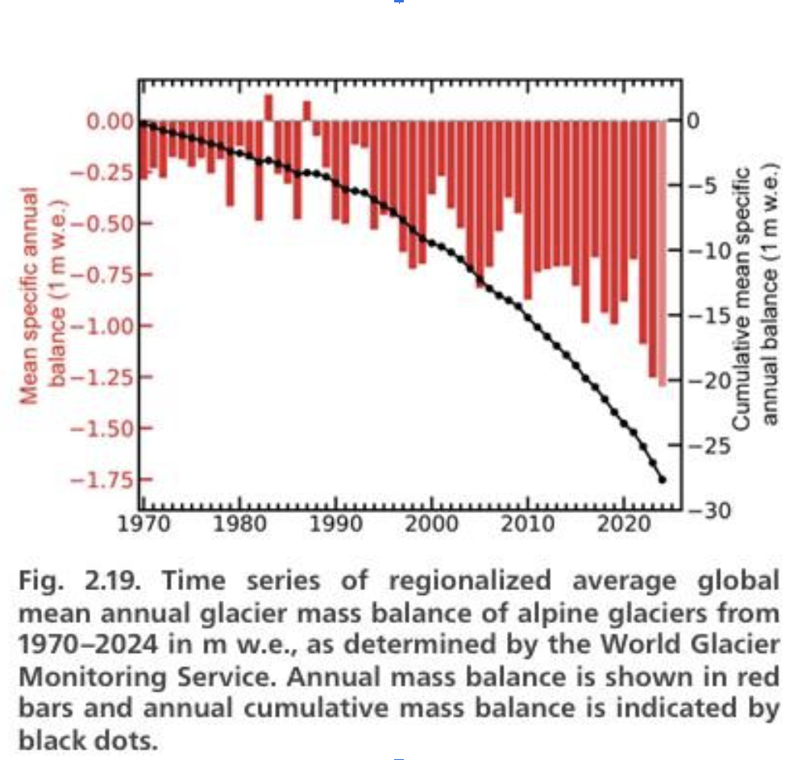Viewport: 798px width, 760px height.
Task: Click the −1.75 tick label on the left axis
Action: pyautogui.click(x=103, y=480)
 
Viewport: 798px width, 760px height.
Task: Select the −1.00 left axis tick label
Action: pyautogui.click(x=103, y=326)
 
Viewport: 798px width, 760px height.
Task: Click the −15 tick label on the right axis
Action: pyautogui.click(x=710, y=316)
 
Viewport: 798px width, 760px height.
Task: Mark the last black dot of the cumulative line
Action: pyautogui.click(x=663, y=480)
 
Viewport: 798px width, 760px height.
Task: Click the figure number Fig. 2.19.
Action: pyautogui.click(x=81, y=581)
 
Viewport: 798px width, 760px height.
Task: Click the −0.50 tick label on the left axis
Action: pyautogui.click(x=103, y=224)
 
